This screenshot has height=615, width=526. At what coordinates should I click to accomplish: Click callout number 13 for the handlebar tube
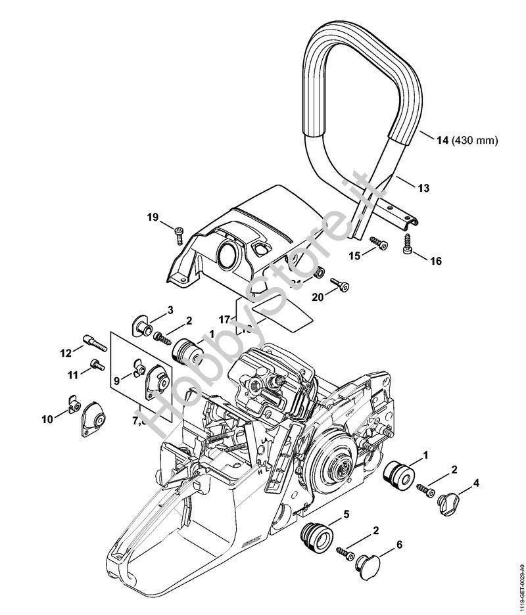[x=423, y=188]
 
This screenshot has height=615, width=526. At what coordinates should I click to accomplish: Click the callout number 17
[x=225, y=319]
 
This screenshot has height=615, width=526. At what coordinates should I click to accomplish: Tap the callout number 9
[x=117, y=379]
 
